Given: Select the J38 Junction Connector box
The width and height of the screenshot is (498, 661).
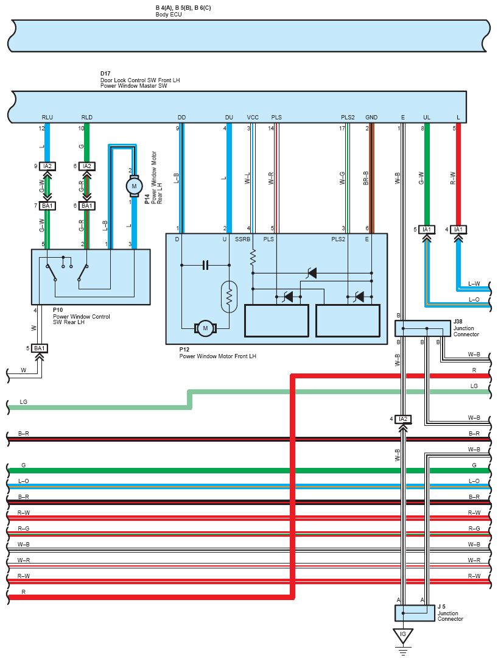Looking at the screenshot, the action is click(x=423, y=328).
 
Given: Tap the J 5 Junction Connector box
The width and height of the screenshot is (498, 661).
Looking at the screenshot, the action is click(x=415, y=613).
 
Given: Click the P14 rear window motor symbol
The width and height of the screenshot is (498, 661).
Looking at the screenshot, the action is click(x=134, y=186).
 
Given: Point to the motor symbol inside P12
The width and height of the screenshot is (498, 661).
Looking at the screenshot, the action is click(x=205, y=328).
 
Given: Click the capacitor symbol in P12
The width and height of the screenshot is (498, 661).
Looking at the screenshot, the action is click(x=205, y=265).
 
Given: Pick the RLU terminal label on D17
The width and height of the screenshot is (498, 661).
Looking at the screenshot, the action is click(x=47, y=117).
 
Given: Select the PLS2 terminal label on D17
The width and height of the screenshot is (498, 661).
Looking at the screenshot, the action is click(x=348, y=117).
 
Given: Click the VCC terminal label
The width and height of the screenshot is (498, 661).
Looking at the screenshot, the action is click(x=253, y=117).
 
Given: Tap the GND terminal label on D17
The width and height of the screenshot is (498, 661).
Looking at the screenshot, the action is click(x=371, y=117).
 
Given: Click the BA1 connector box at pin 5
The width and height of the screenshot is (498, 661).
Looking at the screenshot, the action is click(x=39, y=348).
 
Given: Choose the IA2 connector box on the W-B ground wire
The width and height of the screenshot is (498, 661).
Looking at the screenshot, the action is click(x=403, y=419).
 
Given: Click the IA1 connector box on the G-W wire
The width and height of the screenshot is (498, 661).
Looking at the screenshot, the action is click(x=427, y=230).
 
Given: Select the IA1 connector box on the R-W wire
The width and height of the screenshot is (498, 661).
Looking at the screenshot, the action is click(x=458, y=230).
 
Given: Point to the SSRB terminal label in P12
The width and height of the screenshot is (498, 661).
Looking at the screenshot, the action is click(x=242, y=239).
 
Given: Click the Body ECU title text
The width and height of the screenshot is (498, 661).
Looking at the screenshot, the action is click(x=169, y=15).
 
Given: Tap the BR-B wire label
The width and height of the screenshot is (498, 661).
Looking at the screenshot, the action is click(x=366, y=178).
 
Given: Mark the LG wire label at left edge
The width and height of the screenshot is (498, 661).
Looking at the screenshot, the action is click(x=24, y=401).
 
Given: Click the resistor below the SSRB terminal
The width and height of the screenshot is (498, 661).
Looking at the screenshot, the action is click(x=253, y=258).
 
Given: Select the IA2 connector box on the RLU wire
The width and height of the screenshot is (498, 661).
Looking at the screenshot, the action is click(x=47, y=166).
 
